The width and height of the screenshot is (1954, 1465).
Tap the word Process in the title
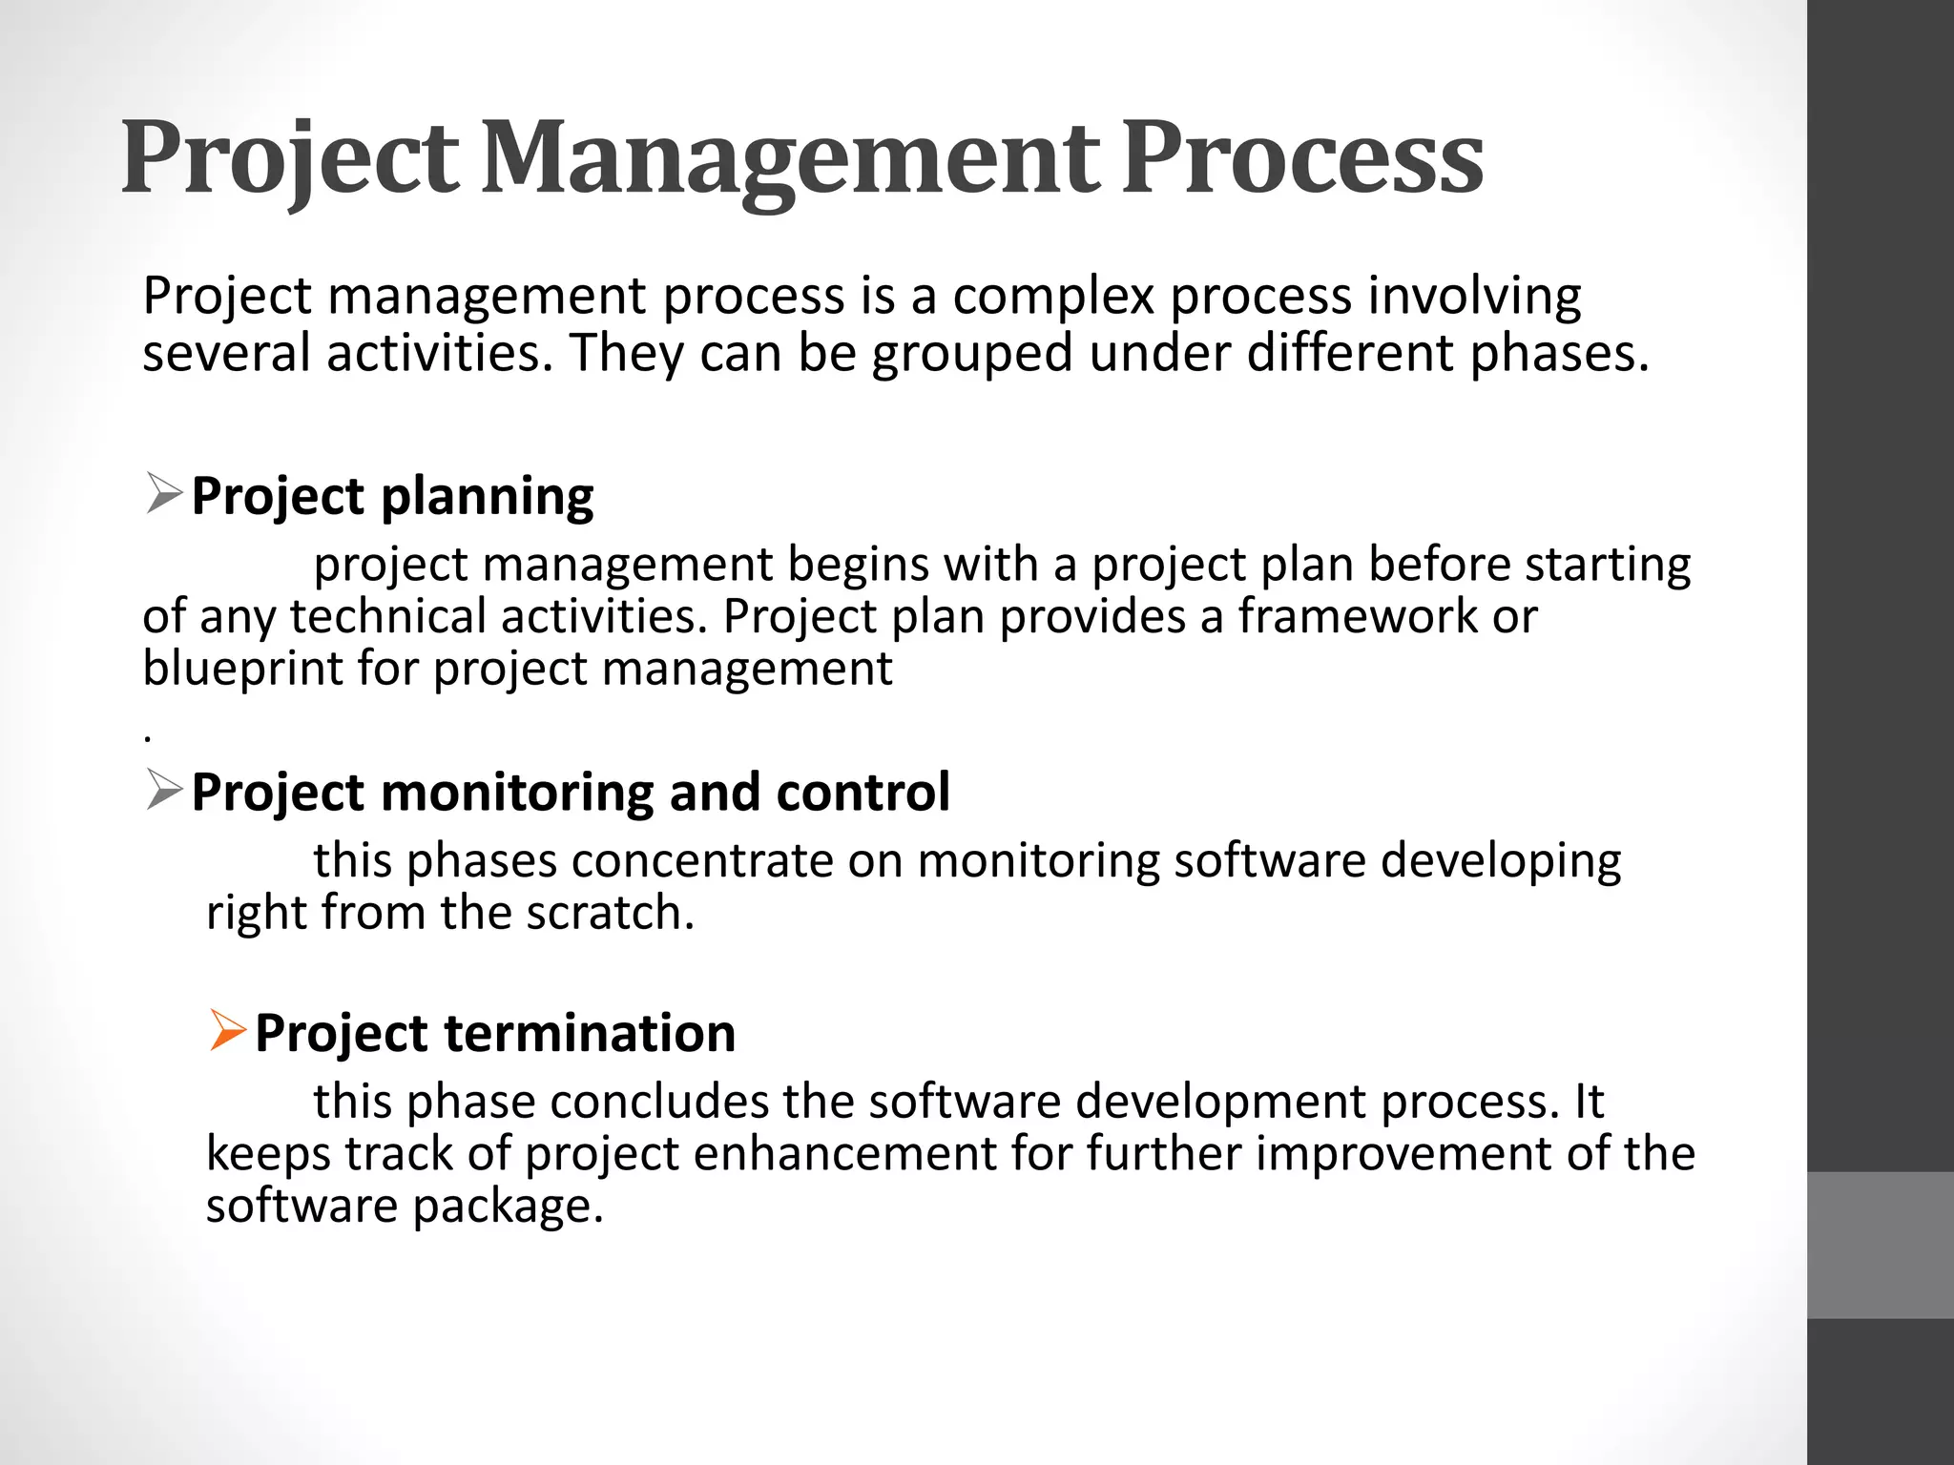point(1302,158)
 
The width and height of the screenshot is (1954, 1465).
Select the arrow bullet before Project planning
point(164,495)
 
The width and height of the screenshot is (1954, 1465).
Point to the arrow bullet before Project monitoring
point(164,791)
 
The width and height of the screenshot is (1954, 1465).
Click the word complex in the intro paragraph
point(1053,297)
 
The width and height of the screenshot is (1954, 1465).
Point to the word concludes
point(658,1102)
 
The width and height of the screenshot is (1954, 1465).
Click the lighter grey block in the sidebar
point(1881,1245)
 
